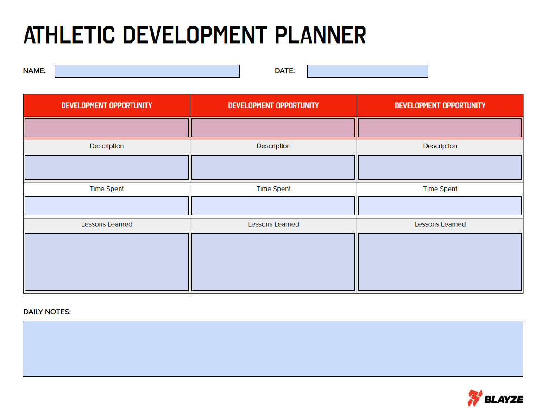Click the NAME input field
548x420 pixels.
pyautogui.click(x=147, y=71)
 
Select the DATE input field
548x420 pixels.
pyautogui.click(x=367, y=71)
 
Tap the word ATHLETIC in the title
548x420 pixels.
pyautogui.click(x=69, y=35)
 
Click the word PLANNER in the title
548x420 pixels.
pyautogui.click(x=321, y=35)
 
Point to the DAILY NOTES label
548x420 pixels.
pyautogui.click(x=47, y=312)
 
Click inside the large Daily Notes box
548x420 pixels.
pyautogui.click(x=273, y=349)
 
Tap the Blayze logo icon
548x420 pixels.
pyautogui.click(x=475, y=398)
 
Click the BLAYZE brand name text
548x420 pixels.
pyautogui.click(x=504, y=399)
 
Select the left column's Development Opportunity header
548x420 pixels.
pyautogui.click(x=107, y=106)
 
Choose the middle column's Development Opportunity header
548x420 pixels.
pyautogui.click(x=273, y=106)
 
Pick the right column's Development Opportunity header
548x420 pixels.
pyautogui.click(x=440, y=106)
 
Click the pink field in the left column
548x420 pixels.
pyautogui.click(x=107, y=128)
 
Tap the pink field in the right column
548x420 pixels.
pyautogui.click(x=440, y=128)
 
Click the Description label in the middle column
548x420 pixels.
pyautogui.click(x=273, y=146)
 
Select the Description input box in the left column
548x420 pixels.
pyautogui.click(x=107, y=167)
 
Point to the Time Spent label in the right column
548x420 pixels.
pyautogui.click(x=440, y=189)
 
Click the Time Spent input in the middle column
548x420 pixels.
pyautogui.click(x=273, y=206)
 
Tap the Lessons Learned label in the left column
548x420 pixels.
pyautogui.click(x=107, y=224)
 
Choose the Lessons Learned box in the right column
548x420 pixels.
pyautogui.click(x=440, y=262)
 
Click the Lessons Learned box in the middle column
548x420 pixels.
pyautogui.click(x=273, y=262)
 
